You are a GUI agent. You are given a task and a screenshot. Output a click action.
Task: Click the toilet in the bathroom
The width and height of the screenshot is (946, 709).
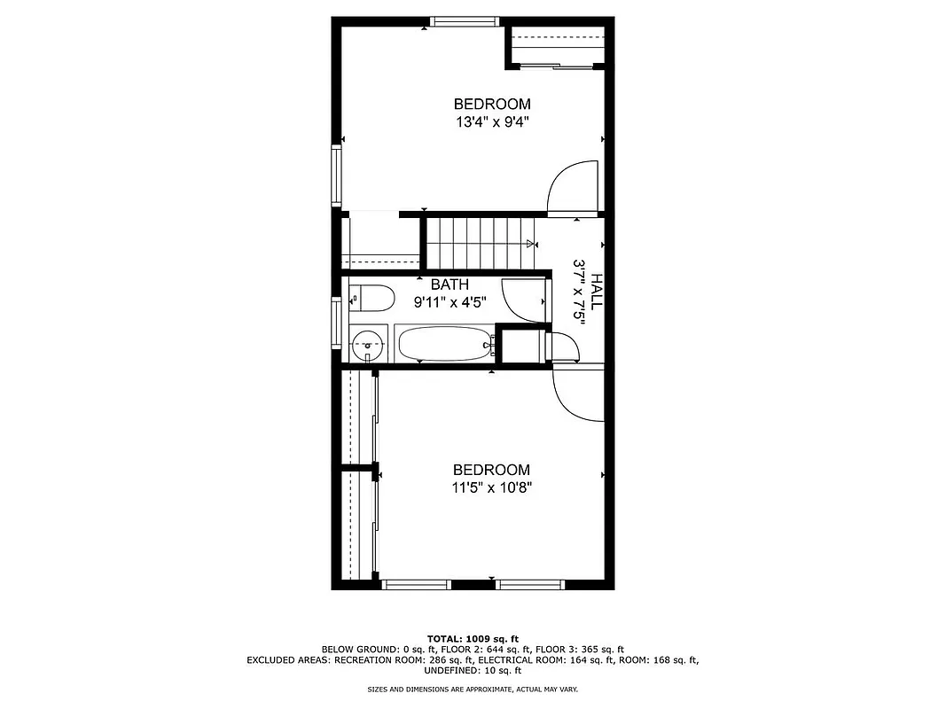pos(373,299)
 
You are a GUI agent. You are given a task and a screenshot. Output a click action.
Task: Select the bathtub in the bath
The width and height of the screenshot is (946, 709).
pos(444,344)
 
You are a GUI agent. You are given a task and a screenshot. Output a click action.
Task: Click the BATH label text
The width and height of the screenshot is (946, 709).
pos(450,285)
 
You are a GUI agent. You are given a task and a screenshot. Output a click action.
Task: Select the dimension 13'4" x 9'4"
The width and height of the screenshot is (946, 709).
pos(492,121)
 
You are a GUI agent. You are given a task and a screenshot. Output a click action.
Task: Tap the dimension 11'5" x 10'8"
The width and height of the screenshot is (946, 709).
pos(492,487)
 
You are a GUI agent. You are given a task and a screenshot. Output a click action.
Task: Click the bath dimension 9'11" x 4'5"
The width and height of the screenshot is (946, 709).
pos(450,302)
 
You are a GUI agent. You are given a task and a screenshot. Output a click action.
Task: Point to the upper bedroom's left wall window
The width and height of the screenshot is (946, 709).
pos(337,175)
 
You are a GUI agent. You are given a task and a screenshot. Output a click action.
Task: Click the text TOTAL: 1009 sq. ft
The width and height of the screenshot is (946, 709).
pos(473,638)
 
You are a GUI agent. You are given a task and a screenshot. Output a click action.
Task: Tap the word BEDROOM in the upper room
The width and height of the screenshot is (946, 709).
pos(492,105)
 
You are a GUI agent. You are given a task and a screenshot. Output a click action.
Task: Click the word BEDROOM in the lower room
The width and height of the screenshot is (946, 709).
pos(492,470)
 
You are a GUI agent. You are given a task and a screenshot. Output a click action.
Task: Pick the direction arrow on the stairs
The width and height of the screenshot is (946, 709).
pos(530,244)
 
